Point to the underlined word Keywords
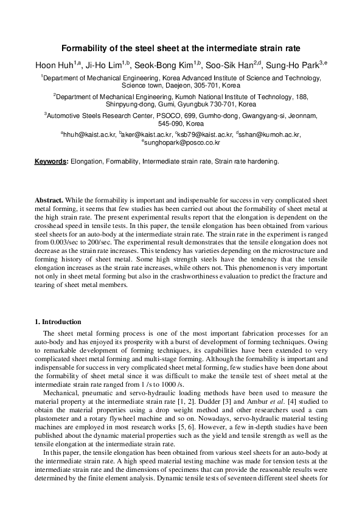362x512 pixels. pyautogui.click(x=50, y=162)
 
